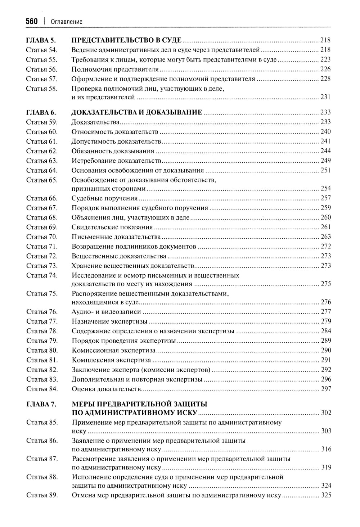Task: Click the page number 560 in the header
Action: click(x=32, y=22)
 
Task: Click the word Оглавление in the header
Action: click(x=67, y=22)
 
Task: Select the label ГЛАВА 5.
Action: click(x=41, y=40)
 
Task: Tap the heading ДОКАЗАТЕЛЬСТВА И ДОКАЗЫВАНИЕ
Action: click(x=136, y=112)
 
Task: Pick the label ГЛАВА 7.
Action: click(x=41, y=404)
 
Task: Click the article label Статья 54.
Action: click(x=42, y=50)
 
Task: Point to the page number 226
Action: click(x=325, y=69)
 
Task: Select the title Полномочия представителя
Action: click(x=115, y=69)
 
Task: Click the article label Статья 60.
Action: click(x=42, y=132)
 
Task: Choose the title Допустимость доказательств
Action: click(x=116, y=141)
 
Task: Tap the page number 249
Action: click(x=325, y=161)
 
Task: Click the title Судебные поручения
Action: click(x=104, y=198)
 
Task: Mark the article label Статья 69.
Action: click(x=42, y=227)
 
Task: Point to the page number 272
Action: click(x=325, y=247)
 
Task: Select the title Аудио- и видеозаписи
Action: click(x=106, y=312)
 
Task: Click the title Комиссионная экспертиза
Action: click(x=113, y=350)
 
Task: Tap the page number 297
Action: click(x=325, y=389)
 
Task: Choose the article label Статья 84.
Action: click(x=42, y=389)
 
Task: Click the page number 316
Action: click(x=325, y=449)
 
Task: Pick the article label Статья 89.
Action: click(x=42, y=495)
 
